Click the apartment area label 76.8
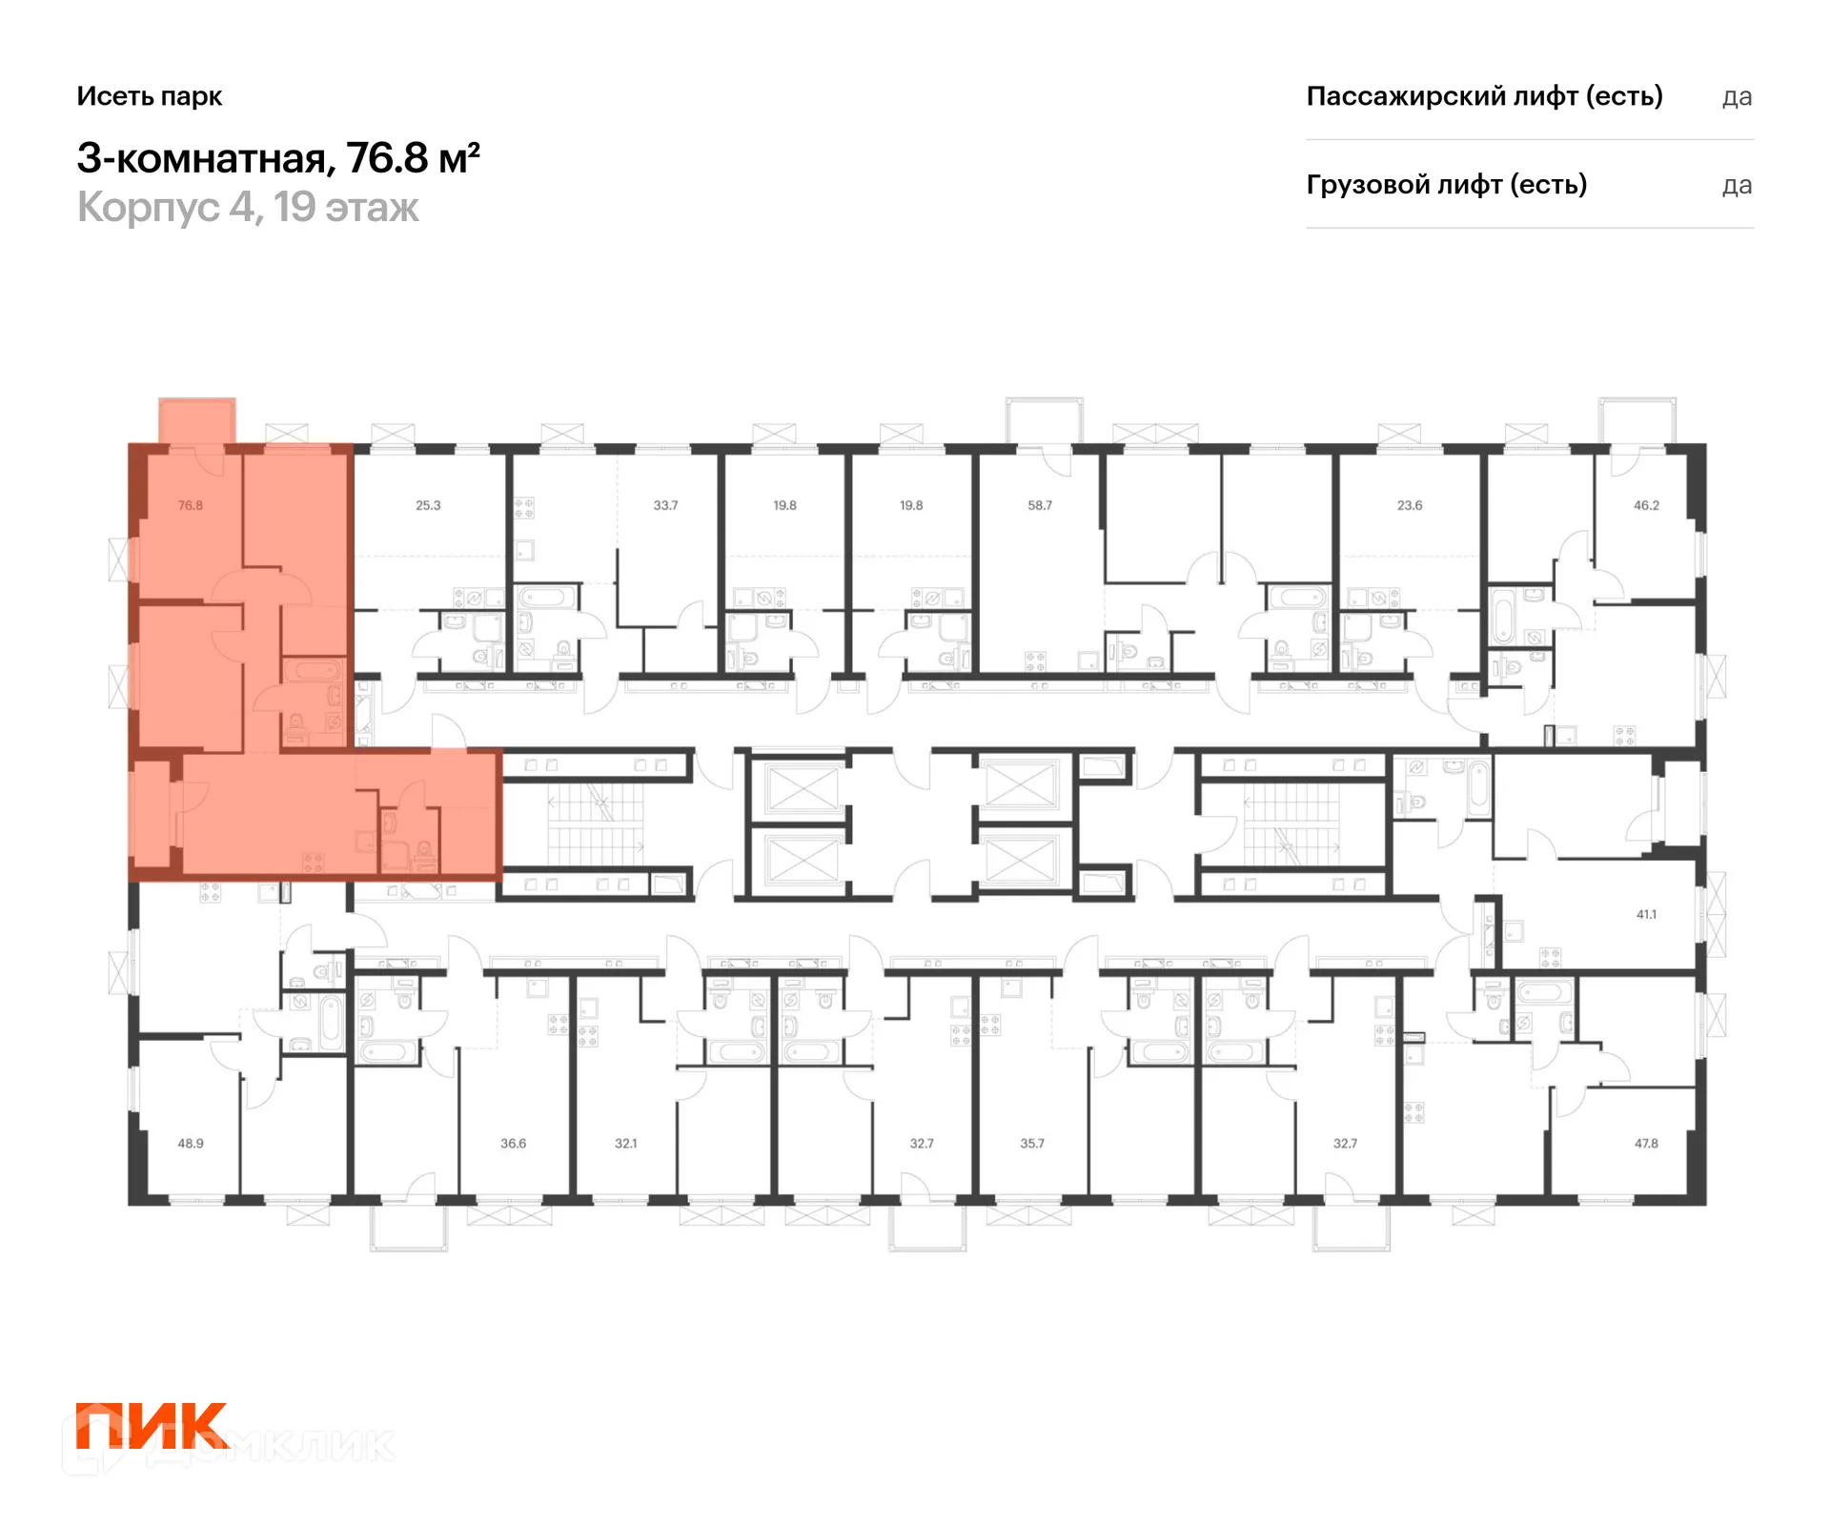coord(191,505)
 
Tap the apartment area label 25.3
coord(428,505)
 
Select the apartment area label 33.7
coord(665,505)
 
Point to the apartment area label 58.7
coord(1040,505)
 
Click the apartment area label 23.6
coord(1410,505)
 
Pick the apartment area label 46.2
coord(1646,505)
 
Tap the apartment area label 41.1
coord(1646,914)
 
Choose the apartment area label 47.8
coord(1646,1143)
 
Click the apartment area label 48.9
coord(191,1143)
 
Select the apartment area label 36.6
coord(513,1143)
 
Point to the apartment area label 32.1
coord(625,1143)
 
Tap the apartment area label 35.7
coord(1032,1143)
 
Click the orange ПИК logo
coord(152,1426)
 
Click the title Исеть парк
coord(150,96)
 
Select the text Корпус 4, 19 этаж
coord(248,208)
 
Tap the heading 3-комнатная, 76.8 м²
coord(278,158)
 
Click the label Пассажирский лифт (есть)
coord(1484,96)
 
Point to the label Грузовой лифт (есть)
coord(1447,185)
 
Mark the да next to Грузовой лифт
coord(1737,186)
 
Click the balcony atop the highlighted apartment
coord(197,421)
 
